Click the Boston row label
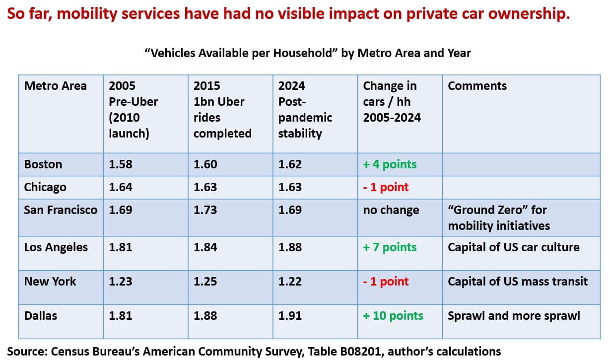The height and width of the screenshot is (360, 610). point(43,164)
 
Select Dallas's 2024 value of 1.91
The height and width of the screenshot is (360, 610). point(290,316)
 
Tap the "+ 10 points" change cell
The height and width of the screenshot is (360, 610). point(393,316)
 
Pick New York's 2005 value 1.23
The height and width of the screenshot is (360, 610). point(121,282)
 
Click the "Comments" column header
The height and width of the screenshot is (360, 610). point(477,86)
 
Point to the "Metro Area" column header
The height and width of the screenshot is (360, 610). point(55,86)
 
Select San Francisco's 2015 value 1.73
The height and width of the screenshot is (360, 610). point(205,210)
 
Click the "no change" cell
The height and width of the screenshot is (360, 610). point(391,210)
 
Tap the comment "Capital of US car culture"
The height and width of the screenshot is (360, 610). point(513,247)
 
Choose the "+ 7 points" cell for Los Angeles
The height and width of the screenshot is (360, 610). point(390,247)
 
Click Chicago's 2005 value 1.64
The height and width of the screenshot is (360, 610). point(121,187)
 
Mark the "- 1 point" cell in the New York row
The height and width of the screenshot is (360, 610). point(386,282)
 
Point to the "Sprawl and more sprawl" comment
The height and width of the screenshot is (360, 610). point(514,316)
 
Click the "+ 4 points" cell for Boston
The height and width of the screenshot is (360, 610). point(390,164)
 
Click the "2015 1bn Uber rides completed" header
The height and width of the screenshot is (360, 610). point(222,110)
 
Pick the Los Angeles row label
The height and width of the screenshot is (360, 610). point(56,247)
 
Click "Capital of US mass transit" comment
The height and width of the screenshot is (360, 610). point(517,282)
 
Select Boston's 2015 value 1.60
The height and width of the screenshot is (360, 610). point(205,164)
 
